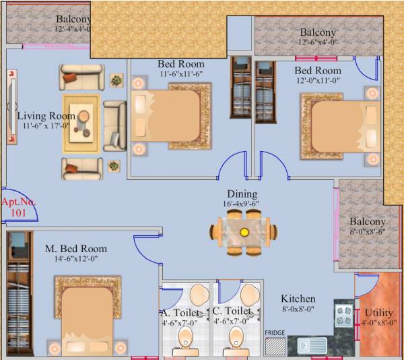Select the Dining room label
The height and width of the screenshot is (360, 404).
tap(242, 193)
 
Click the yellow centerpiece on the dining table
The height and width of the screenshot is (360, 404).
tap(244, 231)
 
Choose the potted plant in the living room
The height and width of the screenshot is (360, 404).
tap(117, 80)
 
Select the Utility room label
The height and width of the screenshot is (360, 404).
tap(378, 313)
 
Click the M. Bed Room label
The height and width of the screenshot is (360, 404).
tap(76, 249)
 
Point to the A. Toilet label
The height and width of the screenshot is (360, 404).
tap(180, 312)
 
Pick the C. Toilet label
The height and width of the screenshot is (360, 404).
tap(232, 311)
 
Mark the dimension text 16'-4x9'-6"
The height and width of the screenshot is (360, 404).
tap(242, 204)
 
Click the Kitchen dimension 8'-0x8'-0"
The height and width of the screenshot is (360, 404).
tap(298, 311)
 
